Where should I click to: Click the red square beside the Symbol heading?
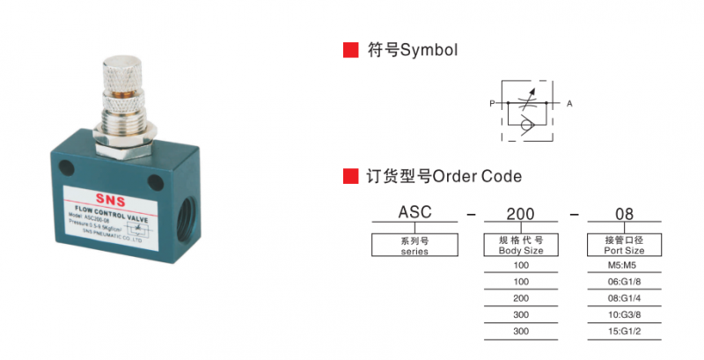pos(350,50)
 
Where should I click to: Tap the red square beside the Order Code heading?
pos(350,176)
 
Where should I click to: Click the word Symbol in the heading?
pos(429,50)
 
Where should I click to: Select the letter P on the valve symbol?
pos(492,105)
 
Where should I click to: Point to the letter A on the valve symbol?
pos(569,105)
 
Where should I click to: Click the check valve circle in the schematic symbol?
pos(525,126)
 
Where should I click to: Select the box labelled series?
pos(414,245)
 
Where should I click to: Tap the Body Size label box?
pos(522,245)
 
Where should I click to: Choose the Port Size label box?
pos(624,245)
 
